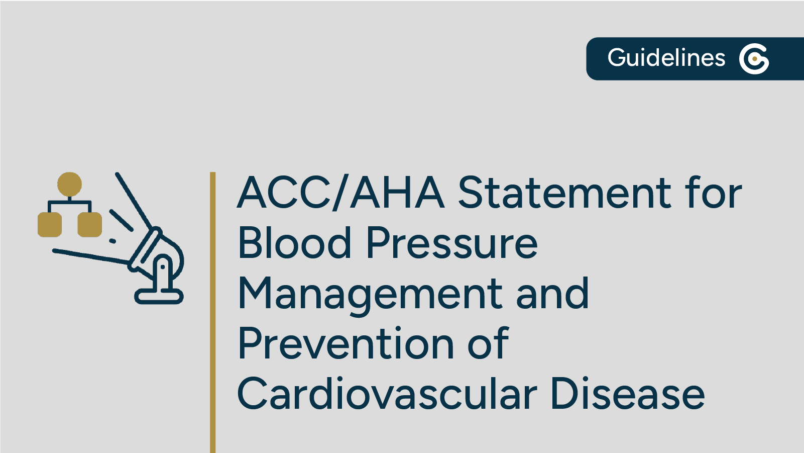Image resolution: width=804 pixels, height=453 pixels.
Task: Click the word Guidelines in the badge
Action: point(666,58)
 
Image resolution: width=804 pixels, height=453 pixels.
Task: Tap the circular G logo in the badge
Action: point(754,59)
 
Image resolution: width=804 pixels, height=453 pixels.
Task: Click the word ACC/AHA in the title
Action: point(340,193)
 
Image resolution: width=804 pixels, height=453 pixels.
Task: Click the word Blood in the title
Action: point(294,243)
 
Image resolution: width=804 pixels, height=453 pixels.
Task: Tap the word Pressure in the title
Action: point(452,243)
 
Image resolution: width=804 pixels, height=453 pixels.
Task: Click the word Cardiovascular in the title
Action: point(387,394)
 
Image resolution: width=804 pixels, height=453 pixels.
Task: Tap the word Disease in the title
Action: point(627,394)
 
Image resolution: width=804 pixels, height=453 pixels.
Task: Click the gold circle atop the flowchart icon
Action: point(69,184)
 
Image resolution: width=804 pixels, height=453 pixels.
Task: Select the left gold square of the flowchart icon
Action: point(50,224)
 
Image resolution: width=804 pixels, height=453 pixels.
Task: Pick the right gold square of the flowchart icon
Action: point(89,224)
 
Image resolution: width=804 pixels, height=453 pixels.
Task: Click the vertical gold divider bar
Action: point(213,312)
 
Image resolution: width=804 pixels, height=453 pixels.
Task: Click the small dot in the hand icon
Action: point(112,241)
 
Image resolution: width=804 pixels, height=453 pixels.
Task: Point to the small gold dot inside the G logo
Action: point(755,59)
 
